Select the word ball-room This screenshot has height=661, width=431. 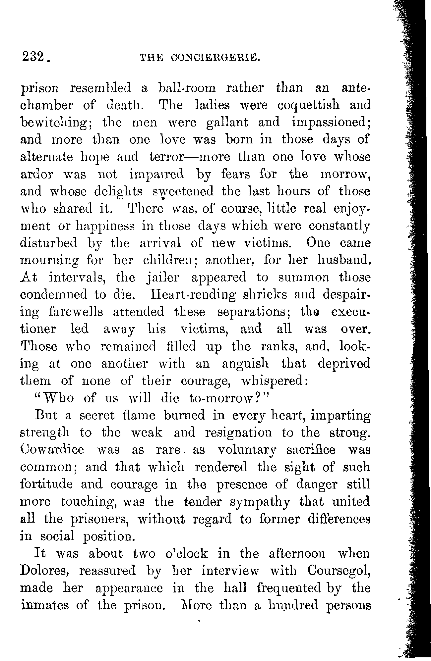click(187, 88)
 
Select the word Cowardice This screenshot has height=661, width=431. click(52, 450)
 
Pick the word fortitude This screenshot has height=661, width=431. click(46, 484)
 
